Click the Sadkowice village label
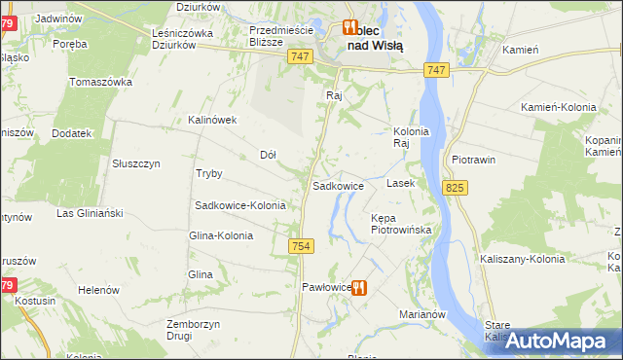click(x=338, y=185)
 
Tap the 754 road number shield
click(x=300, y=248)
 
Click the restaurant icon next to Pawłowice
click(x=359, y=287)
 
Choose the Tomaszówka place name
click(x=101, y=81)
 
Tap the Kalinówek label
click(x=213, y=120)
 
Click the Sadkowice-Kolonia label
click(x=240, y=205)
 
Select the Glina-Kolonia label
click(x=221, y=235)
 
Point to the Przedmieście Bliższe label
click(x=280, y=36)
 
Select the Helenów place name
click(x=98, y=290)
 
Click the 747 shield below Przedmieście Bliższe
click(x=300, y=58)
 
